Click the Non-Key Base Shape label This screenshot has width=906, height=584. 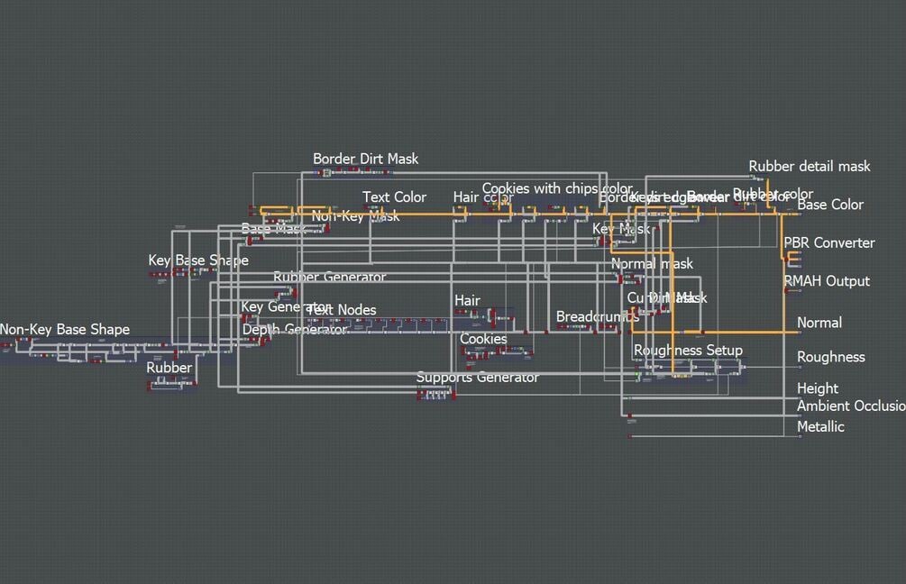point(65,330)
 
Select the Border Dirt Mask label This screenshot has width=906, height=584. point(365,159)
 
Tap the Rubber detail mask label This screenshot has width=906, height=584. point(810,166)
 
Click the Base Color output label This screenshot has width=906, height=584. point(830,205)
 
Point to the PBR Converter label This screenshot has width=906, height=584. point(829,242)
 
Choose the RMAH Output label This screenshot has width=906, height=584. point(827,281)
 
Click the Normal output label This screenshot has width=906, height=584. point(819,323)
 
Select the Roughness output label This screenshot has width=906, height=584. point(830,357)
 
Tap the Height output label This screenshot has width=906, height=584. point(818,388)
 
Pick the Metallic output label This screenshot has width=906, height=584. point(820,426)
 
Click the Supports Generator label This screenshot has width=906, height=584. point(478,377)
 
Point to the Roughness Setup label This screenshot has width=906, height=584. point(688,350)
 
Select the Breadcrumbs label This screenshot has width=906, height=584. point(598,316)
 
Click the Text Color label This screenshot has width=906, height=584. point(394,197)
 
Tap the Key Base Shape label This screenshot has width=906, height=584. point(198,260)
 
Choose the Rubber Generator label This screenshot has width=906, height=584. point(329,277)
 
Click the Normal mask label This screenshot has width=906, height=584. point(652,264)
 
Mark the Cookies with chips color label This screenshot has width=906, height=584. point(557,188)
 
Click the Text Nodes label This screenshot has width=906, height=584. point(343,310)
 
